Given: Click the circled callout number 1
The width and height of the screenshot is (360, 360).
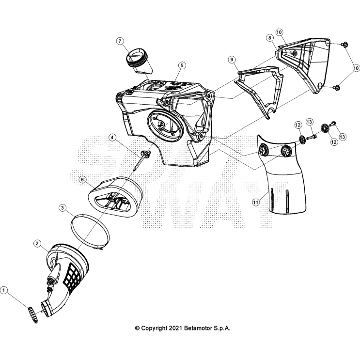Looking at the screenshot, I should [4, 291].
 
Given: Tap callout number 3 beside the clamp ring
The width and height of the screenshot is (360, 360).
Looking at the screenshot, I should [63, 207].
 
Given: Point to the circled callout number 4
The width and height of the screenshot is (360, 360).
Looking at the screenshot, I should [112, 137].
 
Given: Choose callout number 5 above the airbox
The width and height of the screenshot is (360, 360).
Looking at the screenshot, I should [181, 65].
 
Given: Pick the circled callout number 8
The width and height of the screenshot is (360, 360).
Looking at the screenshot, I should [269, 37].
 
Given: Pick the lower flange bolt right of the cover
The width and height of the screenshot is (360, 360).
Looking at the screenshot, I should [337, 88].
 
